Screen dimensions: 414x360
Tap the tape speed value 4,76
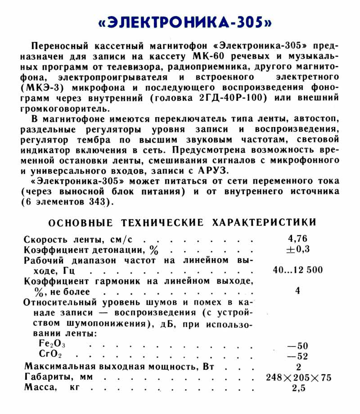click(297, 239)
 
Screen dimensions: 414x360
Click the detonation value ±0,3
click(297, 249)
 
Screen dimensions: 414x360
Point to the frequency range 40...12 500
click(297, 270)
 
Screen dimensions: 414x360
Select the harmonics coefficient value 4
click(297, 291)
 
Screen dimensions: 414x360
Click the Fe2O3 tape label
click(53, 345)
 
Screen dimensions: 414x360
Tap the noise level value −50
click(297, 346)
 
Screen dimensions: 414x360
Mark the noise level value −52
click(297, 356)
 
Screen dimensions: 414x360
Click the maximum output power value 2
click(298, 367)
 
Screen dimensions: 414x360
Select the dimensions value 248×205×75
click(298, 378)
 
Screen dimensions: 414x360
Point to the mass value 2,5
click(298, 388)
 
